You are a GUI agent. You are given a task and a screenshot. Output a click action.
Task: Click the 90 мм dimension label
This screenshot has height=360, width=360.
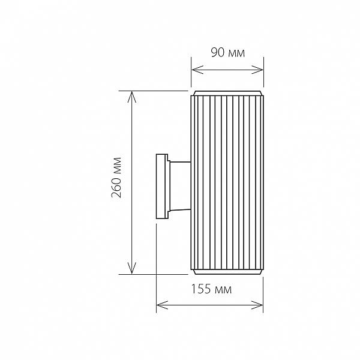coord(228,53)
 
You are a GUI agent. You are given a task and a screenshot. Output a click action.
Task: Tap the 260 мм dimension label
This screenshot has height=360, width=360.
coord(116,178)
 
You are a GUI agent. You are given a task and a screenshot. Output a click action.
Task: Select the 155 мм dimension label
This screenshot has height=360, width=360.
coord(211,289)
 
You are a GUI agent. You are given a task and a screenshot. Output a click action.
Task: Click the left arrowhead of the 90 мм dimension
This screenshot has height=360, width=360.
coord(197,70)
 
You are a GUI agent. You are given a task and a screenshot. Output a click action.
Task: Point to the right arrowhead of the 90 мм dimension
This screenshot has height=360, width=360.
coord(257,70)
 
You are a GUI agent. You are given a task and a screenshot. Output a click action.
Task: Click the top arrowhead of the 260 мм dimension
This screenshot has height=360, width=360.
coord(132,97)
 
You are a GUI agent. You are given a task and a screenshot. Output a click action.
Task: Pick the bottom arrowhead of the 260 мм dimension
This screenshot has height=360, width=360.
coord(132,268)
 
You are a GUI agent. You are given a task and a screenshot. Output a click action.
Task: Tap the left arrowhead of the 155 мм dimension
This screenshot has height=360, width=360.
coord(162,305)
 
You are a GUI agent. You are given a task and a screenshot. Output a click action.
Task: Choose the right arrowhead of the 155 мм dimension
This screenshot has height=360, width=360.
coord(257,305)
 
